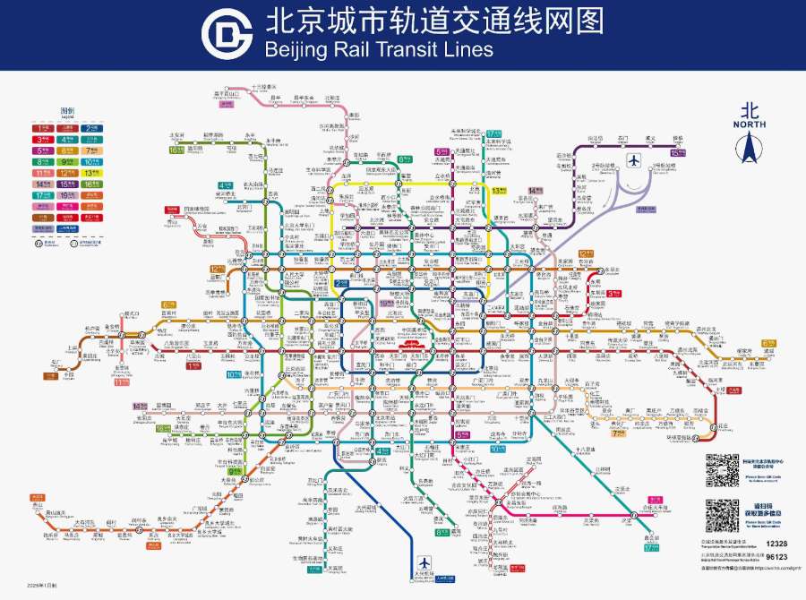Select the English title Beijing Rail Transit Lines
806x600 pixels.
tap(378, 49)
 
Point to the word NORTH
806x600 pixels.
tap(750, 126)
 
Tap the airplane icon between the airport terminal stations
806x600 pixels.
tap(634, 161)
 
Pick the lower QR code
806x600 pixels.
tap(722, 516)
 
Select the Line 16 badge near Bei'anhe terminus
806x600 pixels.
tap(176, 150)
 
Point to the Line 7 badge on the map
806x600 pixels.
tap(619, 433)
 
